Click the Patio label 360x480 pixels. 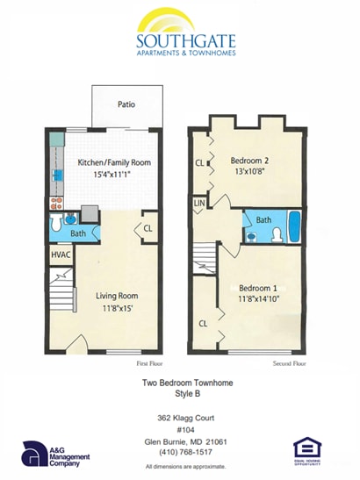(x=126, y=104)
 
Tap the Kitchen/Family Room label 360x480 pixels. (x=113, y=163)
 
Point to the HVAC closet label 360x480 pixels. (x=60, y=254)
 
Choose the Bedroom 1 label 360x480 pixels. (x=258, y=290)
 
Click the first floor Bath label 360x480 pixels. (x=78, y=233)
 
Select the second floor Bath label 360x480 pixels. (x=263, y=220)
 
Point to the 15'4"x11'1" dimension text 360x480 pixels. (x=113, y=176)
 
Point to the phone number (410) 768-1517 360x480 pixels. (x=180, y=452)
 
